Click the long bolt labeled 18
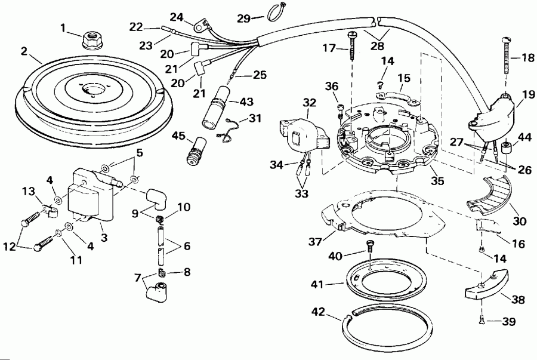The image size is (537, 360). [505, 61]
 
